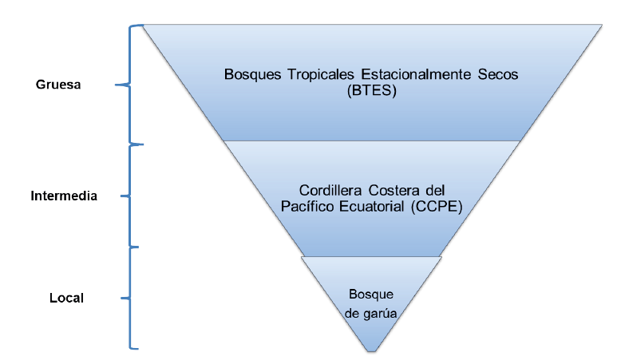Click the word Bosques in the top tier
[x=247, y=75]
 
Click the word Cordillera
[x=330, y=190]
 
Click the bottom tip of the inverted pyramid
[x=371, y=351]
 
